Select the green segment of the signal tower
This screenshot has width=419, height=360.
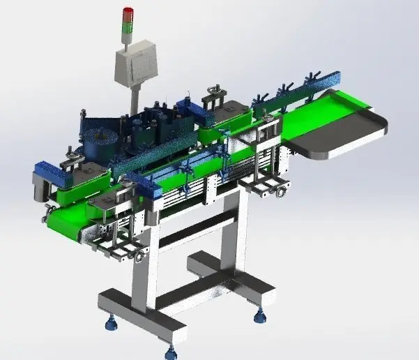click(128, 27)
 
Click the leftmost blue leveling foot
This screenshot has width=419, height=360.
click(110, 322)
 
